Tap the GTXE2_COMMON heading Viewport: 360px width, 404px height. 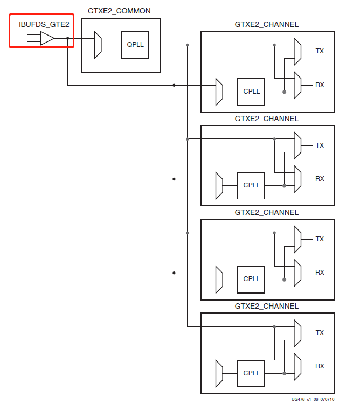tap(119, 11)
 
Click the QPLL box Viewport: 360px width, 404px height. tap(135, 45)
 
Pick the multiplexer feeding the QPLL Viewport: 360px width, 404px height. tap(98, 45)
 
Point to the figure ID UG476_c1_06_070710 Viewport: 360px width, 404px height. tap(313, 399)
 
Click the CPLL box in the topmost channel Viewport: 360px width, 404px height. tap(251, 92)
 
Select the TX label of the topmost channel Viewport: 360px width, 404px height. tap(320, 51)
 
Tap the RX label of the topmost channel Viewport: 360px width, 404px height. tap(320, 85)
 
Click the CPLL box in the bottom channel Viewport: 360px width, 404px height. tap(251, 373)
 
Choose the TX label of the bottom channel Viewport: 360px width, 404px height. tap(320, 333)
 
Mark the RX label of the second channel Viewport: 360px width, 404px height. tap(320, 179)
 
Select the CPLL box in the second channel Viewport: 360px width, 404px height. tap(251, 185)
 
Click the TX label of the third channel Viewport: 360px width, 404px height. tap(320, 239)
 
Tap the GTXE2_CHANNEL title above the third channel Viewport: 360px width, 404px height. tap(267, 212)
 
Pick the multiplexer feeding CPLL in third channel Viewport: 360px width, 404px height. tap(219, 279)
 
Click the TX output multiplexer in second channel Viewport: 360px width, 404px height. tap(297, 145)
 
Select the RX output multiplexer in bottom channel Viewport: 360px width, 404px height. tap(297, 367)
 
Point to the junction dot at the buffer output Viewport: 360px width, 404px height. tap(67, 38)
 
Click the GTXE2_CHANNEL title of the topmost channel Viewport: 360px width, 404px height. tap(267, 24)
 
